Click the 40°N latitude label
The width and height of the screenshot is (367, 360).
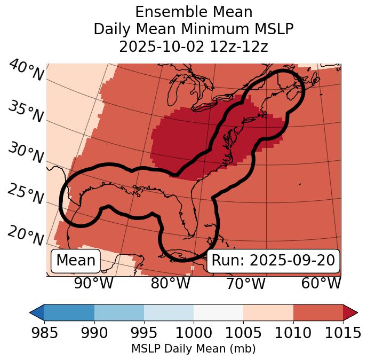26,71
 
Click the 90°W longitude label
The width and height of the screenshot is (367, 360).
93,283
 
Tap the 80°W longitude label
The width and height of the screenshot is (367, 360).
170,283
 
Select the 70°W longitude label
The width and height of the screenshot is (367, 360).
246,283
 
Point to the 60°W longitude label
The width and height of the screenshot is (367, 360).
321,283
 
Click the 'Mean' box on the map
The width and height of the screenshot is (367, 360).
76,261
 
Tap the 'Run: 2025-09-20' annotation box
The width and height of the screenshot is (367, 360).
273,261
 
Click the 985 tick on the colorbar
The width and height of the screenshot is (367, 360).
44,333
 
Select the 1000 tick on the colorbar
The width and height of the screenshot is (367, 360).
194,333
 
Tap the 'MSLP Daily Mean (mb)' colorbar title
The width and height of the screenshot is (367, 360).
193,349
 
